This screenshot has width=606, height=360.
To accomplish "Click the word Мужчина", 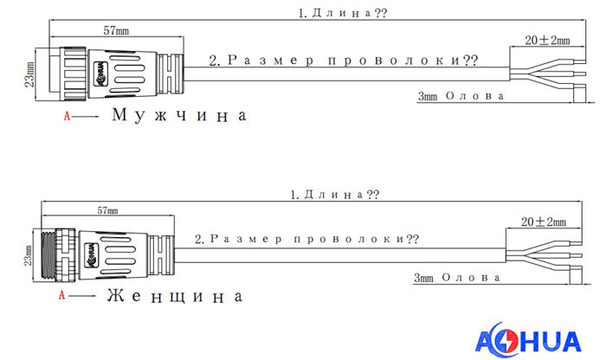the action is pos(179,115).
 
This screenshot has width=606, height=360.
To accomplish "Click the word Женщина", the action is pos(175,296).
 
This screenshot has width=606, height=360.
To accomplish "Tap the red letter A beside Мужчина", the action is pos(67,116).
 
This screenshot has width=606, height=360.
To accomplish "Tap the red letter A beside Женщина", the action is pos(61,295).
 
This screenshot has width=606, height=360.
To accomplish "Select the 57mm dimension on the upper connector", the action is pos(116,30).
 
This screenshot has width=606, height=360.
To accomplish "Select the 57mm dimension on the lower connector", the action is pos(108,210).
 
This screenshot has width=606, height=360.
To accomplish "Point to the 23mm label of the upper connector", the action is pos(29,74).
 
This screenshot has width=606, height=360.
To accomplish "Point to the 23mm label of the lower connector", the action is pos(28,255).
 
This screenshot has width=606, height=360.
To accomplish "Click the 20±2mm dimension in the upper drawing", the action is pos(547,40).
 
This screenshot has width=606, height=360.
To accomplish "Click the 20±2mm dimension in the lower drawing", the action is pos(544,222).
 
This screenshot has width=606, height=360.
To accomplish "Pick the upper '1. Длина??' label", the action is pos(343,13).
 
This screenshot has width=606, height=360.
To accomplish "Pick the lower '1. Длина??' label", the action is pos(335,195).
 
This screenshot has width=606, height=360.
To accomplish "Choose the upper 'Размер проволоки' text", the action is pos(343,61).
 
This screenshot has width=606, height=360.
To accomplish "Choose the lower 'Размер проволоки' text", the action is pos(306,239).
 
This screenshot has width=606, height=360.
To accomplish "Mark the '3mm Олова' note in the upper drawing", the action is pos(461,96).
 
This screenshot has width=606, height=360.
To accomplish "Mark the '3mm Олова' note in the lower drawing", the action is pos(457,277).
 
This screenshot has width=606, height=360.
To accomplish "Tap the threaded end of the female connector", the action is pos(47,254).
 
